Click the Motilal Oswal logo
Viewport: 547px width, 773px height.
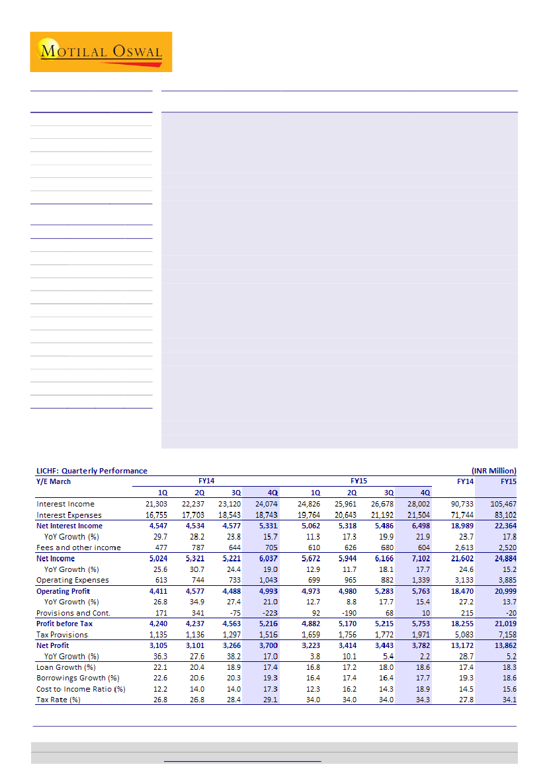click(101, 52)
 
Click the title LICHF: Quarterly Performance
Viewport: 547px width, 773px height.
click(91, 471)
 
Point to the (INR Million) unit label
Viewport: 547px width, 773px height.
click(493, 471)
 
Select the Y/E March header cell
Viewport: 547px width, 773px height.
click(54, 481)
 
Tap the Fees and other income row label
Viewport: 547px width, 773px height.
click(78, 548)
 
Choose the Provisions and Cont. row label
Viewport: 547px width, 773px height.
click(73, 613)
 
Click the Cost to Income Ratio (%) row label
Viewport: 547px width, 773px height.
click(81, 689)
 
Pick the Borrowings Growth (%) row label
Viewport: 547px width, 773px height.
click(77, 678)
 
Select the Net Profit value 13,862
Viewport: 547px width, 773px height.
click(504, 645)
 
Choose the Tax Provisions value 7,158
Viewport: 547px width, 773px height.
click(506, 635)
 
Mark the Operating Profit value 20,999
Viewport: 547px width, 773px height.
click(504, 591)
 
